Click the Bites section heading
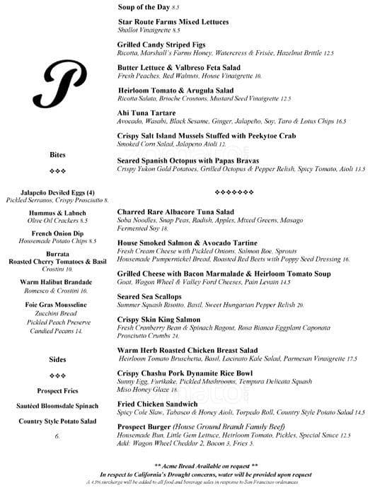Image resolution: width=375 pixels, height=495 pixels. tap(58, 155)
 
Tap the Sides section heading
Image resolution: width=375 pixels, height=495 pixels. tap(58, 359)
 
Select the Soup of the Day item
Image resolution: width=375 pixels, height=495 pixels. tap(144, 6)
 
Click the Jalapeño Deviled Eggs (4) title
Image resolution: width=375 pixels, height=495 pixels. tap(58, 192)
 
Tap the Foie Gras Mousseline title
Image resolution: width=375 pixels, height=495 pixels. tap(58, 303)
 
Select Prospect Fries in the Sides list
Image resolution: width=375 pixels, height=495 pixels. tap(58, 390)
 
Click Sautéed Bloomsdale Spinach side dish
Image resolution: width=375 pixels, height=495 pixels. tap(58, 406)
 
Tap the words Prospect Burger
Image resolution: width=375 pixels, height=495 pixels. tap(146, 426)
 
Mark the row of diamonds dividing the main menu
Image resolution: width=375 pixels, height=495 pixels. tap(233, 192)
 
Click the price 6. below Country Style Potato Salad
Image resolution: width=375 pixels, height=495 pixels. tap(57, 436)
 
